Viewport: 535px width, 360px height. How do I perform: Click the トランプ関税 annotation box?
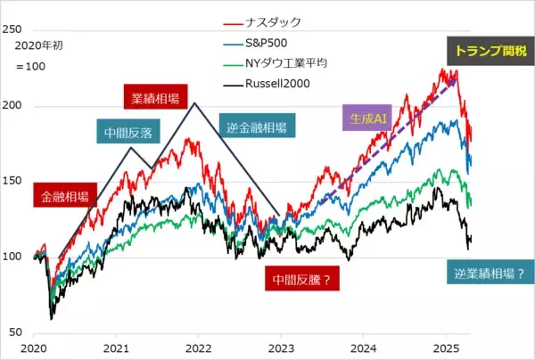[491, 51]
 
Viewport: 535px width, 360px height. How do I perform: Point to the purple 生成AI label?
[363, 117]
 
